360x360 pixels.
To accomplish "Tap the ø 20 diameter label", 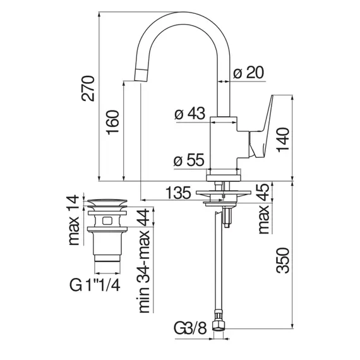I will point(248,73).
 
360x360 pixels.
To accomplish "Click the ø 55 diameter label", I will point(189,161).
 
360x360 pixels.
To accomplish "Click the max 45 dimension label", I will point(265,209).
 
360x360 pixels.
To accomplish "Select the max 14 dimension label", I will point(76,220).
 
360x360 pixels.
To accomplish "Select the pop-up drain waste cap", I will point(108,204).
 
